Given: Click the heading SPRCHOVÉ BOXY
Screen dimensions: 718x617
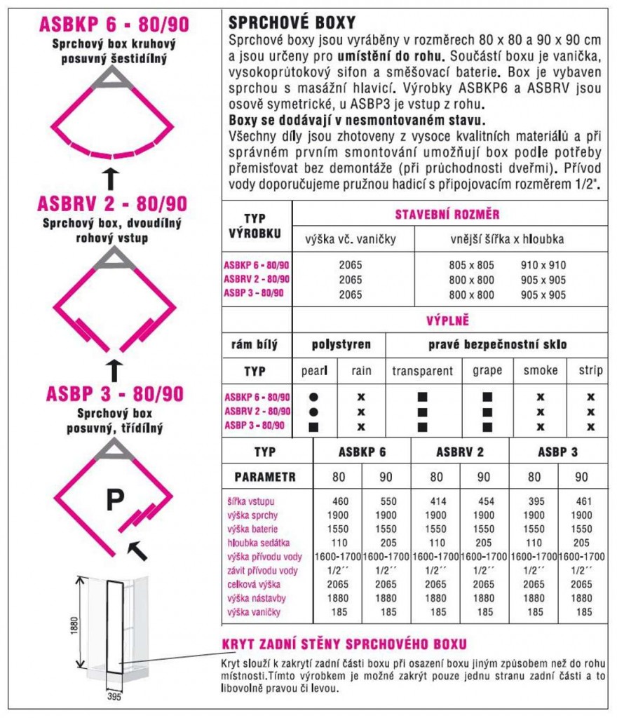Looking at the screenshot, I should [292, 22].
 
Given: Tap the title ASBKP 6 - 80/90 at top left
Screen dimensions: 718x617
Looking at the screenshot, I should [113, 25].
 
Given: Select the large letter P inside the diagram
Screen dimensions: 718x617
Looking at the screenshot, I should [115, 500].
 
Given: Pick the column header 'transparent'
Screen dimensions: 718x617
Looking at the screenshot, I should [422, 371].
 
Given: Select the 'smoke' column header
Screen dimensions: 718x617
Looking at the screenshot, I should [541, 371].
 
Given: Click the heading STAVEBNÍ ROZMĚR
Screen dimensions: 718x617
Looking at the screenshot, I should [447, 215].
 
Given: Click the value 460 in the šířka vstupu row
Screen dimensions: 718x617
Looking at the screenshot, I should [339, 501].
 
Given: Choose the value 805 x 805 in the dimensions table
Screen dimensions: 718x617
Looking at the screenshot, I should [471, 266].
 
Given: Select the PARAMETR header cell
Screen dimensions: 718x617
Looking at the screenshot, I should [265, 477].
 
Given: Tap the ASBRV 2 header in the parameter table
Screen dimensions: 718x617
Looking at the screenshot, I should [459, 452].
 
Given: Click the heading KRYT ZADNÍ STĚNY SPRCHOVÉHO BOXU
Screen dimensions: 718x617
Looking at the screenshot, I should [344, 644].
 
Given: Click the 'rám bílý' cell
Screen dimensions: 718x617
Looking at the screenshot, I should [255, 344].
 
